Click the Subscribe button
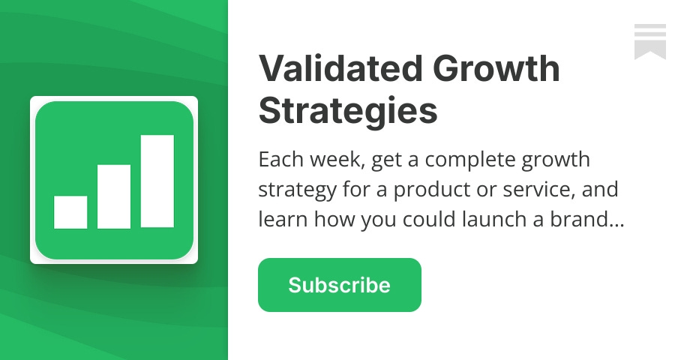click(x=339, y=285)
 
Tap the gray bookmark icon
click(x=649, y=41)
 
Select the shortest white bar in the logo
click(x=70, y=212)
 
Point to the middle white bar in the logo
click(x=114, y=196)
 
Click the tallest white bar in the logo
click(x=157, y=181)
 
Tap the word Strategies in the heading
click(x=348, y=111)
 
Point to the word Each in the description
click(x=278, y=160)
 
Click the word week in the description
click(x=331, y=160)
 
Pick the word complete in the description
click(x=457, y=160)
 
